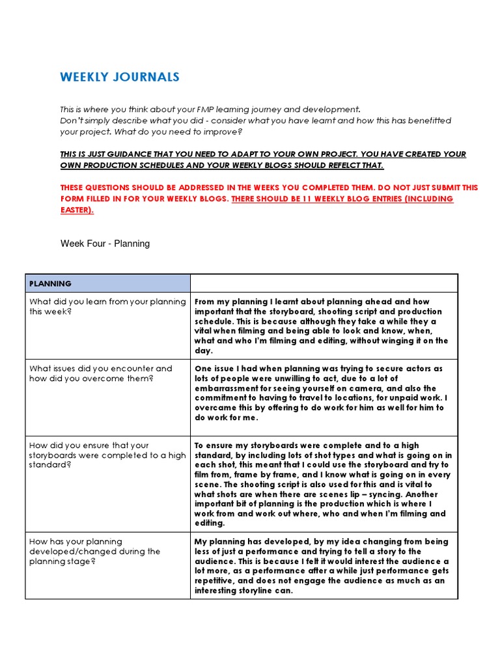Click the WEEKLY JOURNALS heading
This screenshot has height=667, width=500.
pyautogui.click(x=120, y=78)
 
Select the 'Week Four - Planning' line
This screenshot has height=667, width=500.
pyautogui.click(x=105, y=244)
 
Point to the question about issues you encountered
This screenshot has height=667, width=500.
pyautogui.click(x=101, y=373)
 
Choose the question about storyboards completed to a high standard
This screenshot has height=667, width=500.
pyautogui.click(x=107, y=455)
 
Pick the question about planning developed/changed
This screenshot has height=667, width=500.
pyautogui.click(x=94, y=551)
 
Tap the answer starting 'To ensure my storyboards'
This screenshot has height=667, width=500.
pyautogui.click(x=323, y=484)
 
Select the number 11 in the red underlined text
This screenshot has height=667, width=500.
pyautogui.click(x=316, y=199)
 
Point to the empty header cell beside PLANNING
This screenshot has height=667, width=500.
pyautogui.click(x=324, y=283)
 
